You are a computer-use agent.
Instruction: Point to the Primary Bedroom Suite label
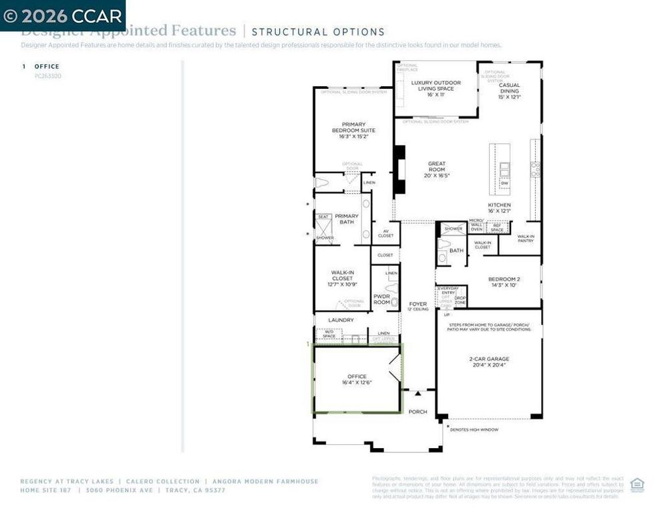[x=358, y=127]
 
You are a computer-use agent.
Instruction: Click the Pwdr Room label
[x=381, y=299]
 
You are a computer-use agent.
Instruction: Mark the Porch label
[x=418, y=411]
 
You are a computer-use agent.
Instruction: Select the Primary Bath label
[x=347, y=219]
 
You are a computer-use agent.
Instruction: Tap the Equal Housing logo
[x=637, y=485]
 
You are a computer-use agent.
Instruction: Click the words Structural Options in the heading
[x=318, y=31]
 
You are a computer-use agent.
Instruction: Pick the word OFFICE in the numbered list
[x=47, y=66]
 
